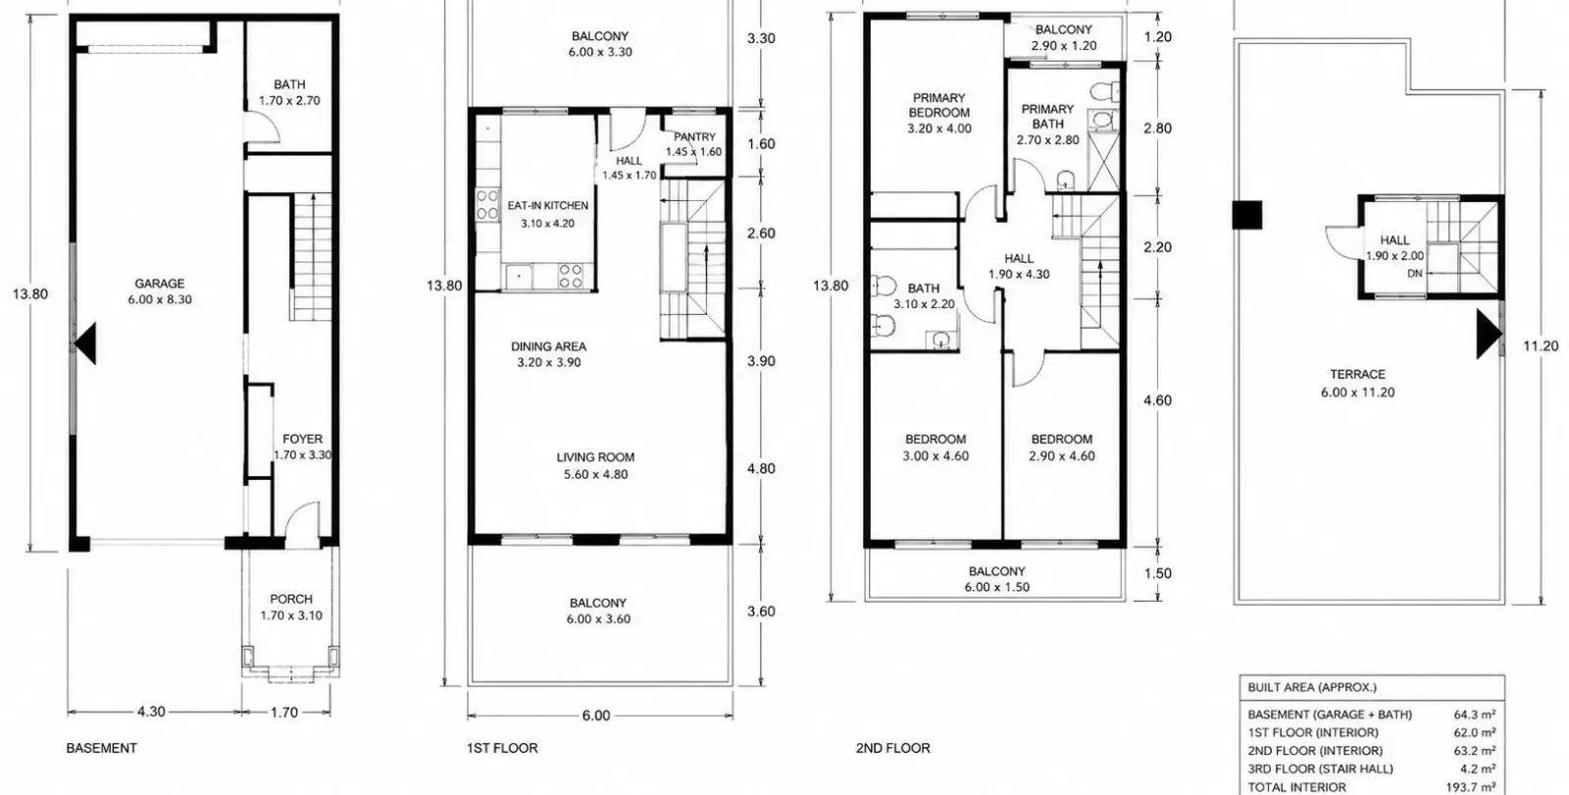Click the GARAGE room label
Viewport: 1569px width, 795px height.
coord(160,284)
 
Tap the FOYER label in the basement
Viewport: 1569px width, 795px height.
coord(303,439)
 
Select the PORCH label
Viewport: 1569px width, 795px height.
coord(291,600)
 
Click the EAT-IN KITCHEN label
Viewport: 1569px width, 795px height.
coord(548,205)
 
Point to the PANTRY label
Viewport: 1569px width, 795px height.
coord(694,136)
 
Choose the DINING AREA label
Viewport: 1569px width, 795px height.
coord(548,346)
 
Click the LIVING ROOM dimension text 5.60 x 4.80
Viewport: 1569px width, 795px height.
coord(596,475)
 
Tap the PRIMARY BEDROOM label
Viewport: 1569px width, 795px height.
coord(939,105)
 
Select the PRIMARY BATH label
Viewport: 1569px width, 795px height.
coord(1048,117)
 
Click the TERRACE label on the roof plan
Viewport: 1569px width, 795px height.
coord(1357,374)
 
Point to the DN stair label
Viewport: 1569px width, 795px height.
coord(1415,274)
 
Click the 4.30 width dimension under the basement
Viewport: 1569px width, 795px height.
coord(151,712)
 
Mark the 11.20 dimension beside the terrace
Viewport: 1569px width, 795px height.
coord(1541,345)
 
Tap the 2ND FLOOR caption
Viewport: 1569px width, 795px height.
coord(893,748)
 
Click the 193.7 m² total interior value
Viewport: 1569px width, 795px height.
coord(1471,787)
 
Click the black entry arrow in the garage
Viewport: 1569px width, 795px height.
coord(84,344)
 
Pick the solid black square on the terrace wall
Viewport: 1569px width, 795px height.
coord(1247,215)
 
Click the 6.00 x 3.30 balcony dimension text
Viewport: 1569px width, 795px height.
coord(600,52)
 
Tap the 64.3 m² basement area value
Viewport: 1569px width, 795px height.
coord(1475,715)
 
